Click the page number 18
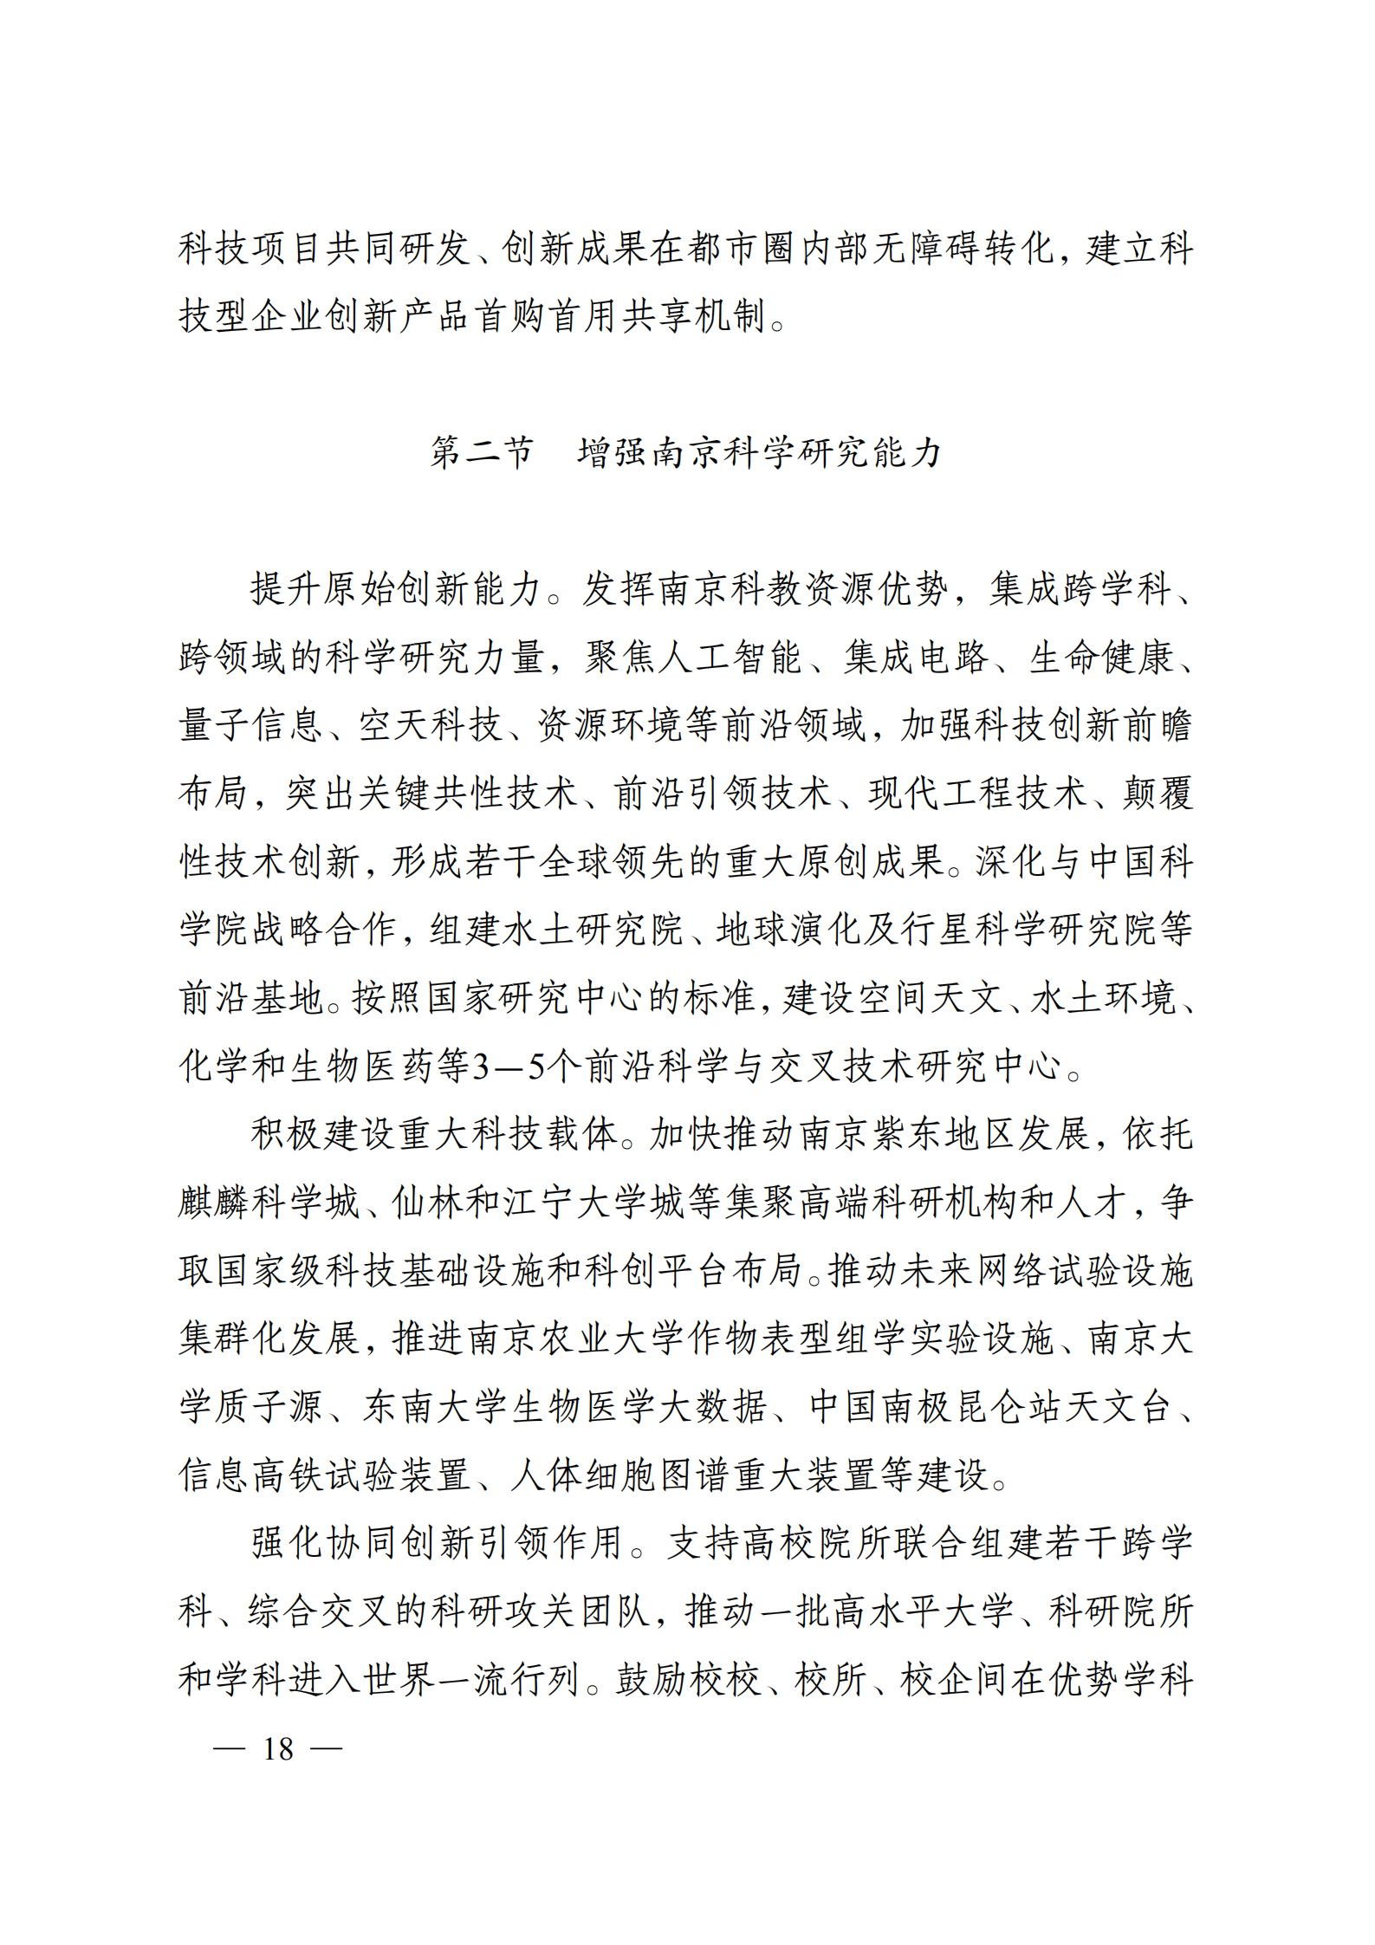pyautogui.click(x=278, y=1748)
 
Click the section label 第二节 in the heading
pyautogui.click(x=482, y=452)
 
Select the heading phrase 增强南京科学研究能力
pyautogui.click(x=759, y=452)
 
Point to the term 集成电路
pyautogui.click(x=917, y=658)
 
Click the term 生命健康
pyautogui.click(x=1100, y=658)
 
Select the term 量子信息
pyautogui.click(x=251, y=725)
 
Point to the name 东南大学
pyautogui.click(x=435, y=1406)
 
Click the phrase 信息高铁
pyautogui.click(x=251, y=1475)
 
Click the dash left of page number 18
pyautogui.click(x=229, y=1748)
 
